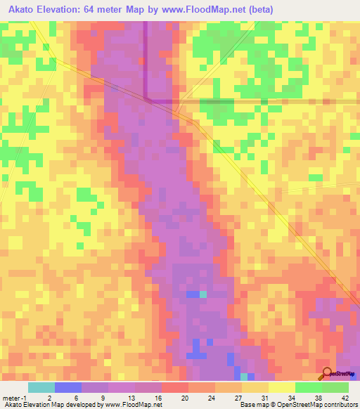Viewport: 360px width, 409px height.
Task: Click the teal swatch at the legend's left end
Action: pos(41,387)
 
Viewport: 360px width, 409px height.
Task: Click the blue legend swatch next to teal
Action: pos(68,387)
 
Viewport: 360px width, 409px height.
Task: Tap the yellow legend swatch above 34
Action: pos(281,387)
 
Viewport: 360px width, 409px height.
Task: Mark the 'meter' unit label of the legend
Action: pos(11,397)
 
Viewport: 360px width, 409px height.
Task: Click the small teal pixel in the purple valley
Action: pos(203,294)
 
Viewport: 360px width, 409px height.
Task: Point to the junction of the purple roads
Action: pos(146,100)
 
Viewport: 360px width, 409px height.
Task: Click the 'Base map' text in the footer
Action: pos(252,405)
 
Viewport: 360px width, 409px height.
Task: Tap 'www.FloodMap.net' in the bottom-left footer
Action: pos(134,405)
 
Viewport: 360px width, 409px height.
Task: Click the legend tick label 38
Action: pos(307,397)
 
